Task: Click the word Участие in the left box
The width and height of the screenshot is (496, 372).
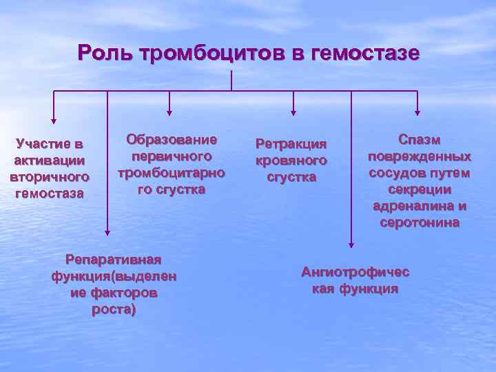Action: point(42,145)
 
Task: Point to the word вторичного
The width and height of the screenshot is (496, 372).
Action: point(50,177)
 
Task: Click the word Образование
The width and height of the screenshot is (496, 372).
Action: point(171,140)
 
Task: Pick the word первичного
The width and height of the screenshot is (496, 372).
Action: point(171,156)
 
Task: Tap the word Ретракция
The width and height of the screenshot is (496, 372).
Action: point(290,145)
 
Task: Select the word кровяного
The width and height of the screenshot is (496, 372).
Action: point(290,161)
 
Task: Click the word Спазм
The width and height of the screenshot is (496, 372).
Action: point(419,140)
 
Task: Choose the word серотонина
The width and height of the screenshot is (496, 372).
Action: point(419,223)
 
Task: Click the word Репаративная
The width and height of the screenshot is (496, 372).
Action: point(113,260)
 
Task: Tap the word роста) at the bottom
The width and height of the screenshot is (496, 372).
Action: point(114,309)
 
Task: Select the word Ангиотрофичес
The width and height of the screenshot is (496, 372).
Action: point(355,272)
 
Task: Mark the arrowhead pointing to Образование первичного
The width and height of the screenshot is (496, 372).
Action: point(169,110)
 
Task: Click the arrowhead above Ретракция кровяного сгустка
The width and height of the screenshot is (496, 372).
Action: point(293,110)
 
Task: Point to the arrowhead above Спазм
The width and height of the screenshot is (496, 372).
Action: point(417,110)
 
